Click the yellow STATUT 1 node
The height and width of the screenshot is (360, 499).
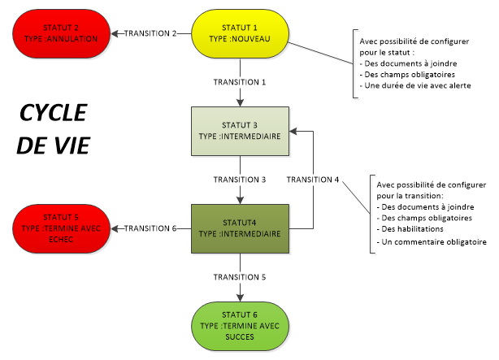240,33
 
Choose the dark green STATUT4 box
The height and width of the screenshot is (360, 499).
240,228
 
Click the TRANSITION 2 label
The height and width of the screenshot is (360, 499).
150,33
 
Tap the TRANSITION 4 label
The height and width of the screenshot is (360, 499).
313,179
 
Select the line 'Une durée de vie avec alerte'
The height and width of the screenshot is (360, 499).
412,85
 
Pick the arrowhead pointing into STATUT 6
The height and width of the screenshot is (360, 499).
240,298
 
